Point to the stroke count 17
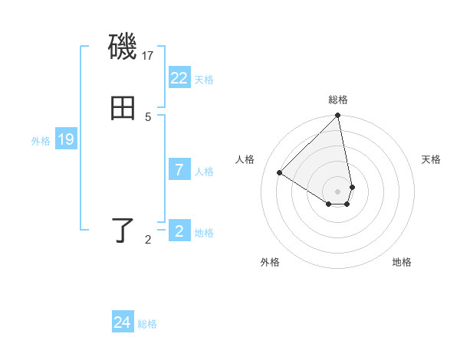[149, 56]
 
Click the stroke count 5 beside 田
[148, 116]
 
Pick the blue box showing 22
[179, 78]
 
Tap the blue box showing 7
[179, 170]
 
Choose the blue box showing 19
[66, 139]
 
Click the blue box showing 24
[123, 322]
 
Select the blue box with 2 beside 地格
[179, 231]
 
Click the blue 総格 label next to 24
[147, 324]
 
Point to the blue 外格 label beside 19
[41, 141]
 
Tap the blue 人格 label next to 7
[204, 172]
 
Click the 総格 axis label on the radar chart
[338, 100]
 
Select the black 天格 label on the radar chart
[431, 159]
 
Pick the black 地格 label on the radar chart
[402, 262]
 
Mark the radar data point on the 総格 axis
[338, 116]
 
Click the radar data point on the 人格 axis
[280, 173]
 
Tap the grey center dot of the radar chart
[338, 191]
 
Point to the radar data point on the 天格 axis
[352, 187]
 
